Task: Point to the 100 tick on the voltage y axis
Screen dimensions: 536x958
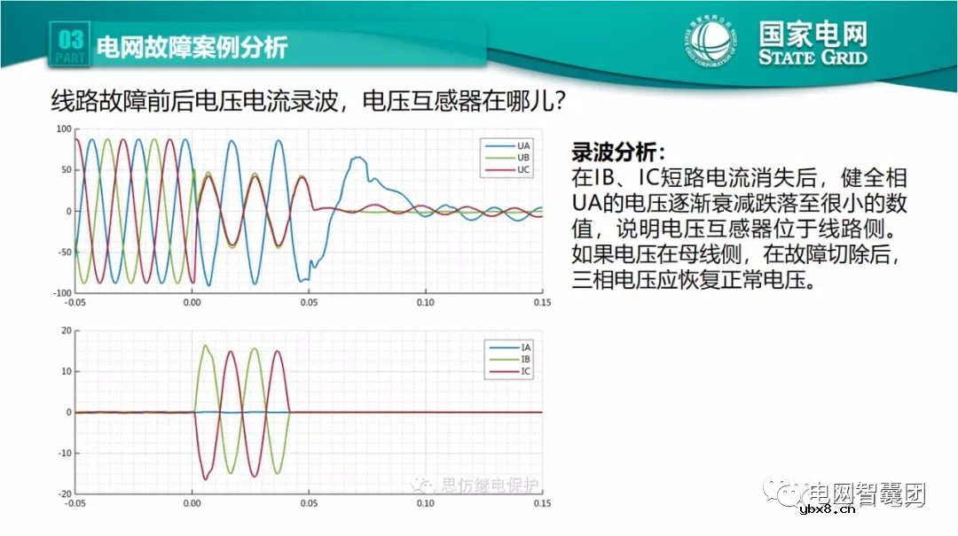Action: point(63,129)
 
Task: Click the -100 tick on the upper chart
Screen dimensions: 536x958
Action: point(61,293)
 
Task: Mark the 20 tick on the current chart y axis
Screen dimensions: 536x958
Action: point(65,330)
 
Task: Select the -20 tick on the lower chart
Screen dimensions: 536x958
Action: point(63,494)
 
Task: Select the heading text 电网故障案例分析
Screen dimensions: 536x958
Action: point(192,46)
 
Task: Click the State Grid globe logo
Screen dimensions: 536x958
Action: point(711,41)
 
